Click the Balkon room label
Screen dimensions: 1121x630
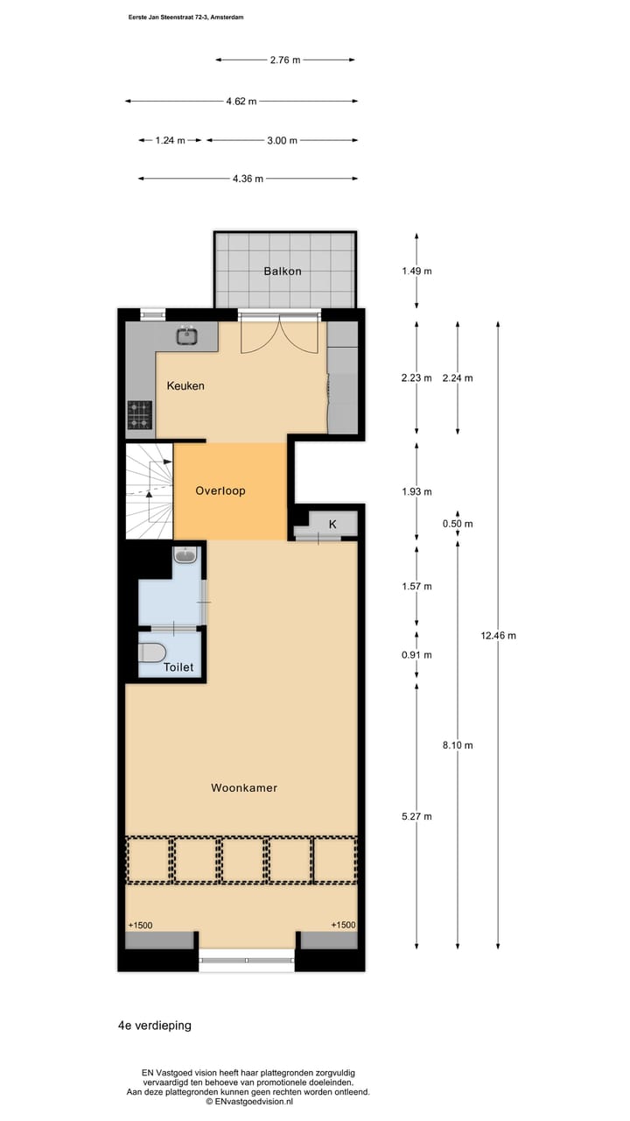click(x=283, y=271)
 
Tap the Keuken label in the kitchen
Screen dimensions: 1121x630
click(x=185, y=385)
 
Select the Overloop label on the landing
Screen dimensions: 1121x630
click(x=220, y=490)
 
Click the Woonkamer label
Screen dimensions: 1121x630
click(x=244, y=787)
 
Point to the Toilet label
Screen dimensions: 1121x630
click(x=178, y=667)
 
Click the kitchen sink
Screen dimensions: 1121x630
click(x=185, y=335)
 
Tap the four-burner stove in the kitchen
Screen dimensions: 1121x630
click(x=140, y=414)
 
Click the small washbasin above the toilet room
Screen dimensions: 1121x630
click(x=185, y=554)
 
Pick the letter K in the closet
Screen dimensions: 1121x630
click(x=332, y=524)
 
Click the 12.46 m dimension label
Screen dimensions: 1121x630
click(x=499, y=635)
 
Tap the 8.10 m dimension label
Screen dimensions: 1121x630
click(x=458, y=745)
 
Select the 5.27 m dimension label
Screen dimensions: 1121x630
click(x=416, y=816)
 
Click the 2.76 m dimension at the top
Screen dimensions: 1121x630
click(x=285, y=60)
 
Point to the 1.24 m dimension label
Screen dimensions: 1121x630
click(x=170, y=140)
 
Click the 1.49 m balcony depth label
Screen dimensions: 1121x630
click(x=416, y=271)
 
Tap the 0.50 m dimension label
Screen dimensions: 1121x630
click(x=458, y=524)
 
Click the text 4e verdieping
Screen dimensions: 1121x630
click(x=154, y=1025)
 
